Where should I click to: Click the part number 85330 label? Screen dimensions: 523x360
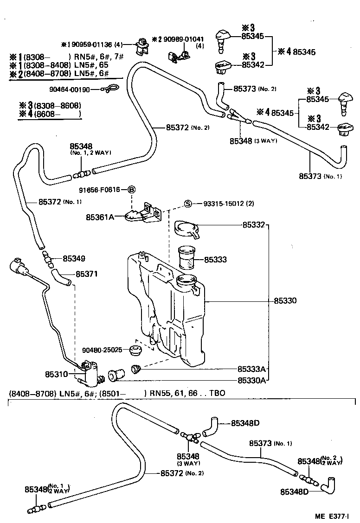285,301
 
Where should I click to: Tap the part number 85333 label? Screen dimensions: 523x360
215,260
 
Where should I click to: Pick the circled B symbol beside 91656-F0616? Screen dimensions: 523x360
131,189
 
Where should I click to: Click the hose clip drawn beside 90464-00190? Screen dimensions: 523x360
110,89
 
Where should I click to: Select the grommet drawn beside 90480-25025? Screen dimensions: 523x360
135,350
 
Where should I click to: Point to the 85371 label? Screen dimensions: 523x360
74,274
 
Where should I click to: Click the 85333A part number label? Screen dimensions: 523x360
251,370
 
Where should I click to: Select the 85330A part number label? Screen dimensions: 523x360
251,381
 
